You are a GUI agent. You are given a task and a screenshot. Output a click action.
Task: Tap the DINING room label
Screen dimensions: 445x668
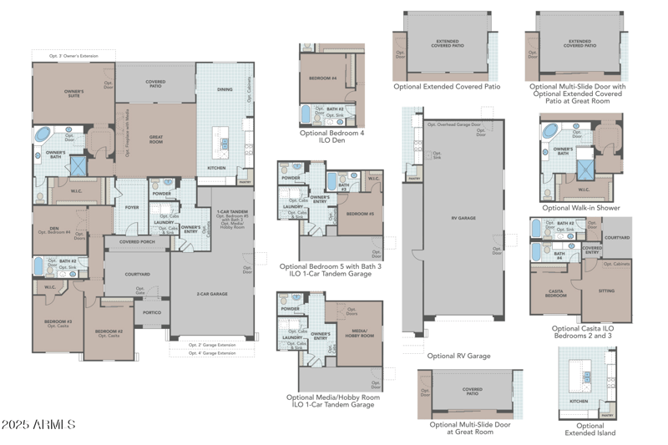pyautogui.click(x=225, y=89)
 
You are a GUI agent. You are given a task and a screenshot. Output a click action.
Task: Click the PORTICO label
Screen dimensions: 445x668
pyautogui.click(x=152, y=313)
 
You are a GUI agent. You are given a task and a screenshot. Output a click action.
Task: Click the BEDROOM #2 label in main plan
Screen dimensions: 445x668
pyautogui.click(x=109, y=332)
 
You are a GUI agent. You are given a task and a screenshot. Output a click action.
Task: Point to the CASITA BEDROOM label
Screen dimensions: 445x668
pyautogui.click(x=555, y=293)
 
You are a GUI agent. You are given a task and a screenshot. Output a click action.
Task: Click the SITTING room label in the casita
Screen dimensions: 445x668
pyautogui.click(x=606, y=291)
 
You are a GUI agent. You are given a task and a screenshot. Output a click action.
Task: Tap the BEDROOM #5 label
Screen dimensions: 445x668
pyautogui.click(x=360, y=213)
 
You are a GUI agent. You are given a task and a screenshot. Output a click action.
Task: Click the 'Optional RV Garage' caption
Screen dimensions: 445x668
pyautogui.click(x=458, y=356)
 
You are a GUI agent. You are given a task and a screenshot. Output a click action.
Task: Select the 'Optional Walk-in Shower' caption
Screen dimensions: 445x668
pyautogui.click(x=580, y=207)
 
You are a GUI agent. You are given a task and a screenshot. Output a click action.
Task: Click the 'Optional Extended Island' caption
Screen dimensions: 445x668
pyautogui.click(x=590, y=429)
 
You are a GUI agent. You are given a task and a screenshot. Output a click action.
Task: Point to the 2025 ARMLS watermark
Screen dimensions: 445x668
pyautogui.click(x=39, y=425)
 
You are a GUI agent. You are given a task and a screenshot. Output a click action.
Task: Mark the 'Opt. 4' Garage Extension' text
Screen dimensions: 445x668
pyautogui.click(x=212, y=353)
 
